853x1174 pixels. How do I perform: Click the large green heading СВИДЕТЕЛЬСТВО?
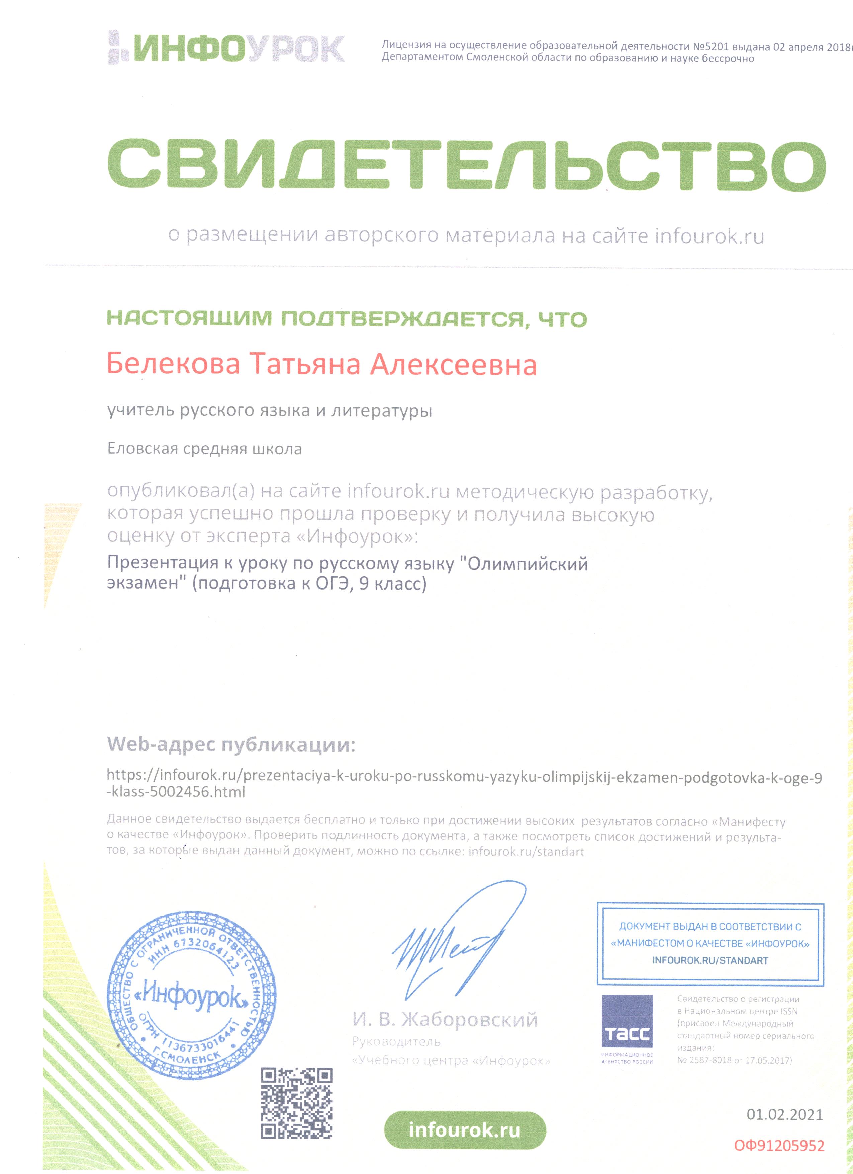click(x=466, y=164)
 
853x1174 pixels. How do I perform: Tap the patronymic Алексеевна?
click(x=453, y=365)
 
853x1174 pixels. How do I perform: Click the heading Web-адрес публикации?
click(x=231, y=744)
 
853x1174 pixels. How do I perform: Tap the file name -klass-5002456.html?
click(x=176, y=792)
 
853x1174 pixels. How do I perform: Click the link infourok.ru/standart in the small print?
click(x=526, y=852)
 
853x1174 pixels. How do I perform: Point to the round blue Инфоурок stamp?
click(x=191, y=994)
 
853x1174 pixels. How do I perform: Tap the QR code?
click(x=296, y=1103)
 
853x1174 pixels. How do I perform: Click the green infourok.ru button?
click(x=465, y=1130)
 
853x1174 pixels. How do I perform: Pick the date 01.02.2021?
click(x=784, y=1114)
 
